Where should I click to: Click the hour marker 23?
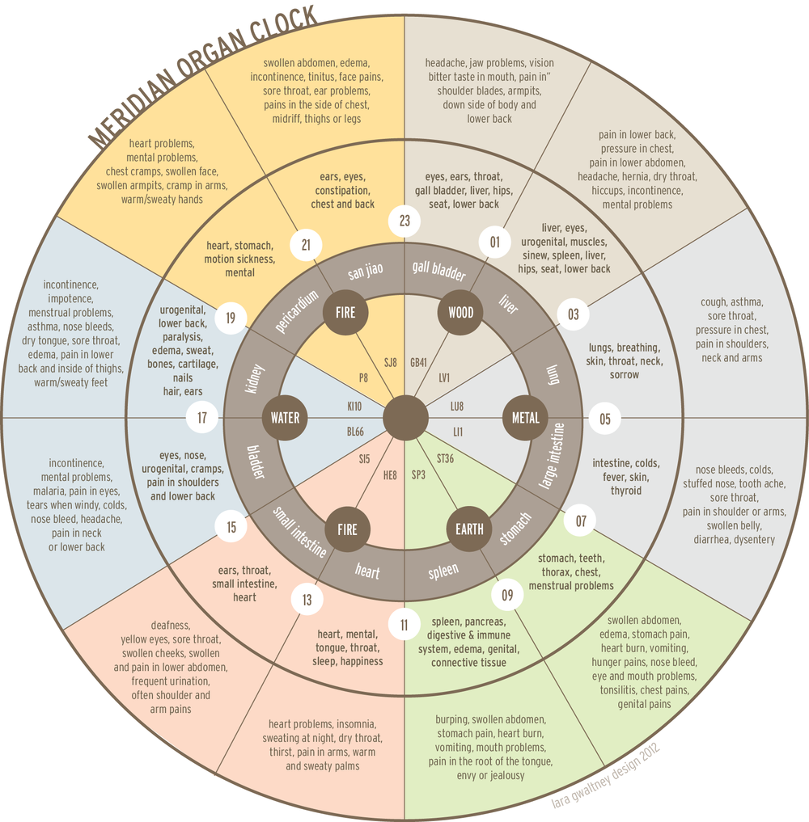click(x=404, y=221)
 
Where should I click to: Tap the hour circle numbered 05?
click(x=604, y=418)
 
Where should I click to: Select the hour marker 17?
click(x=202, y=418)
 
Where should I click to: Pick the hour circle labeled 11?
click(x=404, y=623)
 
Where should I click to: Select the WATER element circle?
click(x=285, y=418)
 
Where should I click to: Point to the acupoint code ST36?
click(x=445, y=459)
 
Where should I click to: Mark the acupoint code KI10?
click(x=354, y=406)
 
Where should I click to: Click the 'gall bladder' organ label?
click(x=438, y=271)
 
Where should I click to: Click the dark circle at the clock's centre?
click(x=404, y=418)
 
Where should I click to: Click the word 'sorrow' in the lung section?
click(x=623, y=374)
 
